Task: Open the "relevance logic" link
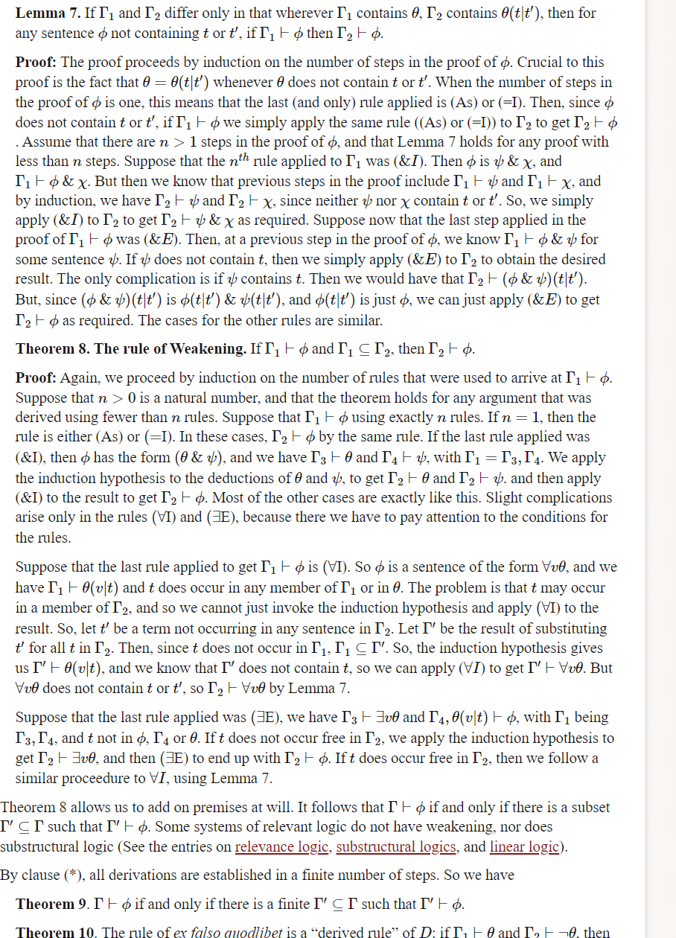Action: pyautogui.click(x=282, y=847)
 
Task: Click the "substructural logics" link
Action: pyautogui.click(x=396, y=847)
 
